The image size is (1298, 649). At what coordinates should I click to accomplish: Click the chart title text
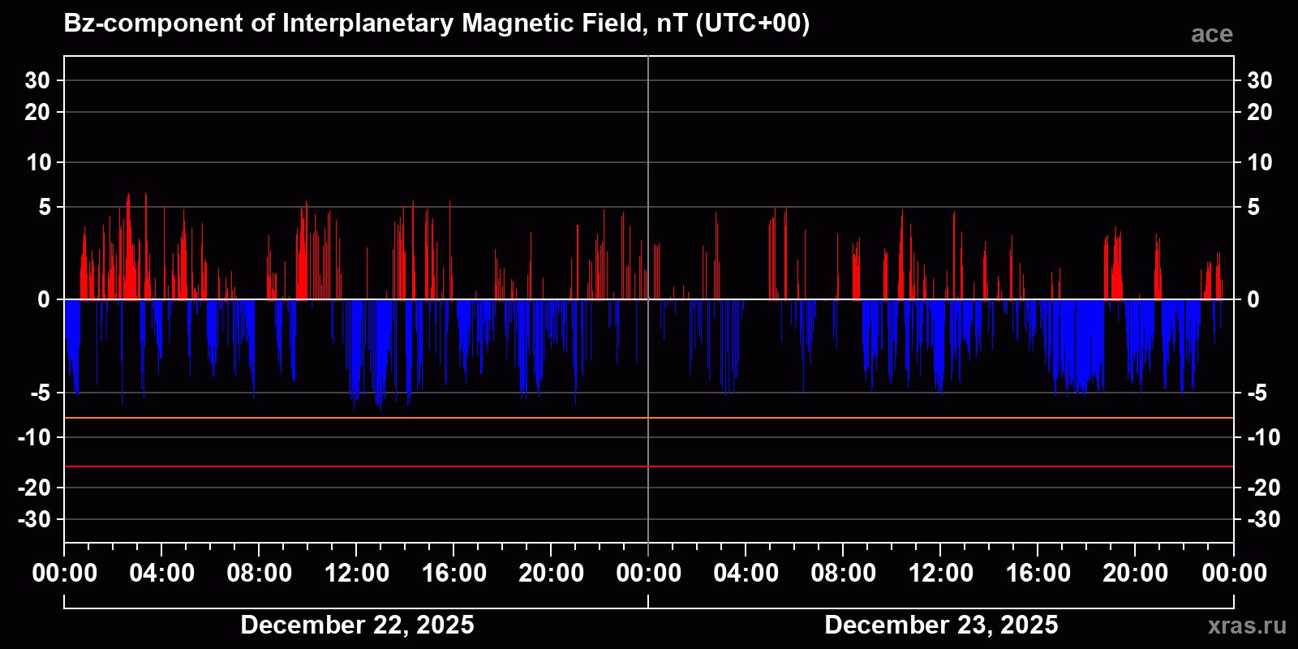point(436,24)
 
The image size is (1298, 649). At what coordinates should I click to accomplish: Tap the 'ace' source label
point(1211,34)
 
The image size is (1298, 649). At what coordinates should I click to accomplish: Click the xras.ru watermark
point(1247,625)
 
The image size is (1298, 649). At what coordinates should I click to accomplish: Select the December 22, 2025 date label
point(357,625)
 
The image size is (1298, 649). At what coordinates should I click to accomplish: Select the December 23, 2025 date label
point(941,625)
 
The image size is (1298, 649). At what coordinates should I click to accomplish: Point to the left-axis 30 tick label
point(37,80)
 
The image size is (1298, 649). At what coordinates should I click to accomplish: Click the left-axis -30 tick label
point(34,519)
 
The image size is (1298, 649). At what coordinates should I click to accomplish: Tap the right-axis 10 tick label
point(1259,162)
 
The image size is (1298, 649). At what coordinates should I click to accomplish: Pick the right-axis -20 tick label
point(1263,488)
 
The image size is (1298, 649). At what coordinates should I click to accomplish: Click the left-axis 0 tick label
point(44,299)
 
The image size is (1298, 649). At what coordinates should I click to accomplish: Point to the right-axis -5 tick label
point(1257,393)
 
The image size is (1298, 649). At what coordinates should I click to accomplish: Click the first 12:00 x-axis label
point(357,574)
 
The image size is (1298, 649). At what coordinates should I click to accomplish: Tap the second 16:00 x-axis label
point(1038,574)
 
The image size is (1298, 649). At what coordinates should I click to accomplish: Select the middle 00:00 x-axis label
point(649,574)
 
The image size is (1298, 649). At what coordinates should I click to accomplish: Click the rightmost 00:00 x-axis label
point(1234,574)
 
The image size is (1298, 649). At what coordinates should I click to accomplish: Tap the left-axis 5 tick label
point(45,208)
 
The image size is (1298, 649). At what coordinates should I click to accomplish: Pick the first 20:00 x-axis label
point(552,574)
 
